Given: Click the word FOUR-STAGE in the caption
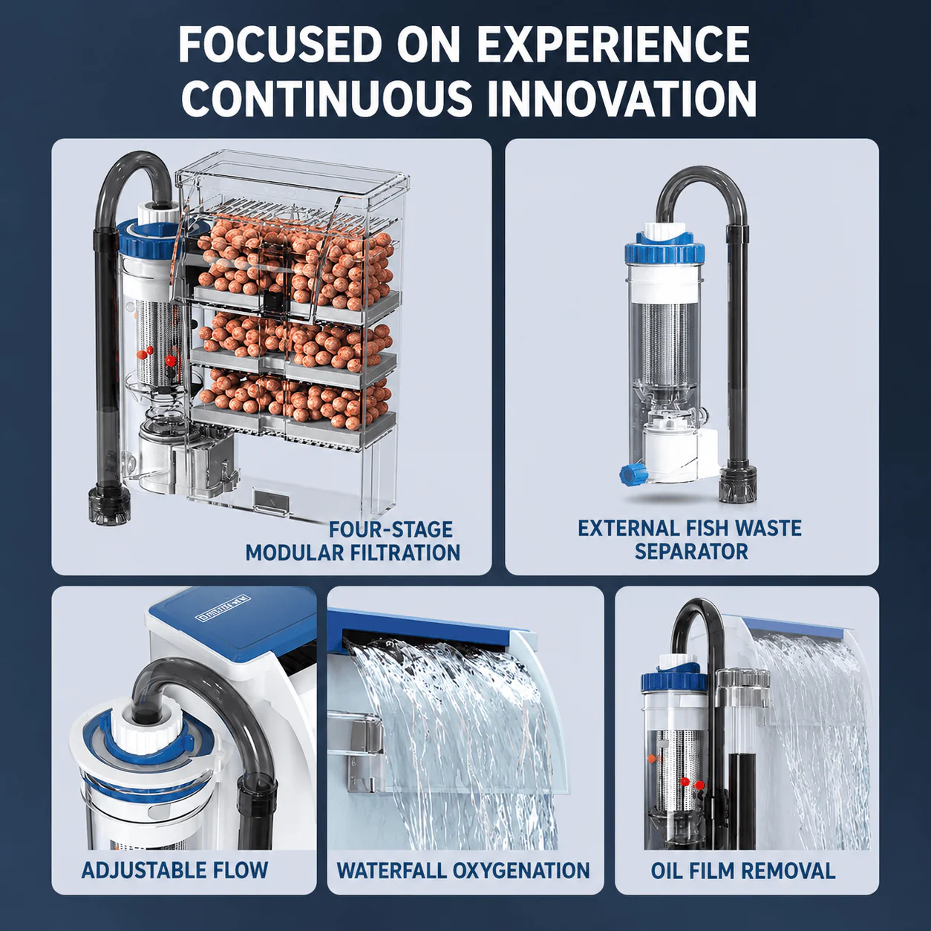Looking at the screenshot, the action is point(391,529).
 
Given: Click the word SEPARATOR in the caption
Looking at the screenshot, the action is point(691,552).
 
